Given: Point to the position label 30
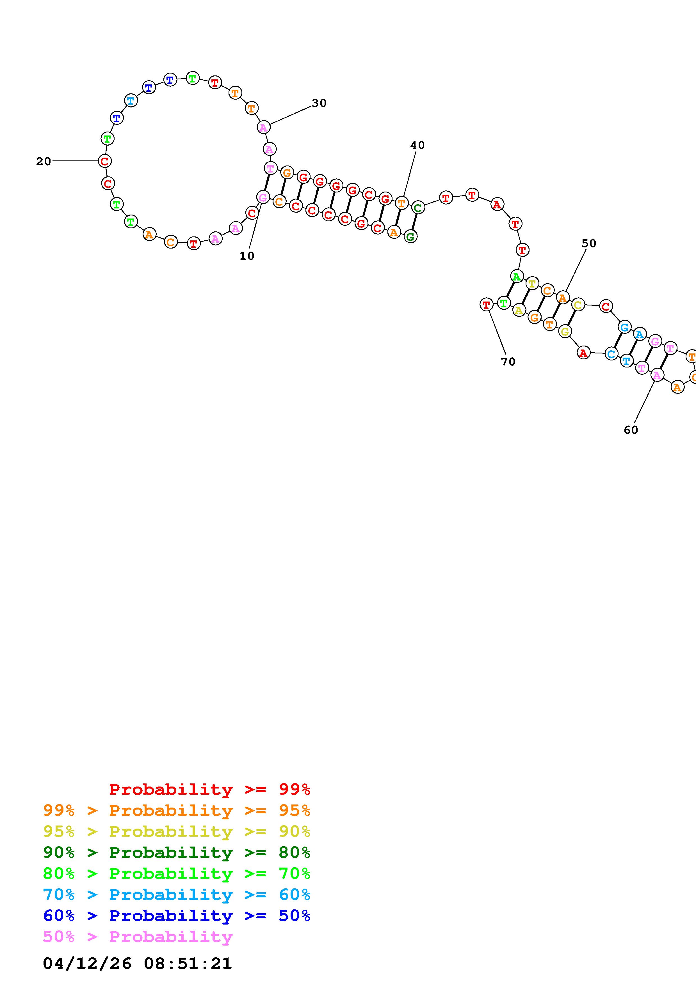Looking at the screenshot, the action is pos(319,103).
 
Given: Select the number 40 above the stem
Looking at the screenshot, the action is pos(417,145).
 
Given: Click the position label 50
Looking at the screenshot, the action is pos(589,243).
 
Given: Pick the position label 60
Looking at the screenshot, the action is pos(631,430).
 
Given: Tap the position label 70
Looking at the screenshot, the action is pos(508,362).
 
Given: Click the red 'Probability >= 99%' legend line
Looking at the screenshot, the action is pos(210,789).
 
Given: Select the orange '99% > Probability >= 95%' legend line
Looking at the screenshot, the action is pos(177,810).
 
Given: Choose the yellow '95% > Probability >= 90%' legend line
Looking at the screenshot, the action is pos(177,831).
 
